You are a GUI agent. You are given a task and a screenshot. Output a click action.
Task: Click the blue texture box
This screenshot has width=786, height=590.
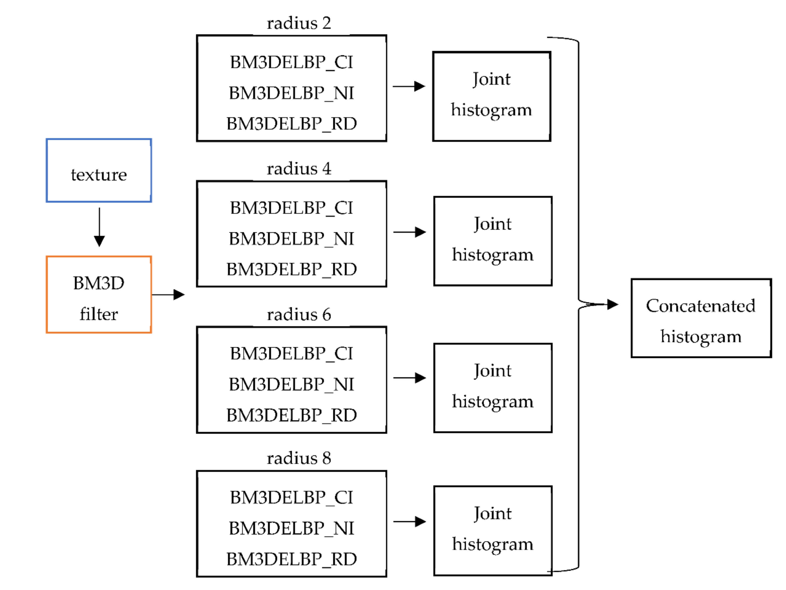point(99,171)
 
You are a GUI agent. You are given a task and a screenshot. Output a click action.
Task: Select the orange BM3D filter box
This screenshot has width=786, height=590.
point(99,295)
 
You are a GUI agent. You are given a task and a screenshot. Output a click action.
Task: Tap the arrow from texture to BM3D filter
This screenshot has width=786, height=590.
point(99,227)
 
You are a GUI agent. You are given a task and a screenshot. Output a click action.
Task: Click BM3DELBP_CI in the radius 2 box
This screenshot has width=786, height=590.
point(291,62)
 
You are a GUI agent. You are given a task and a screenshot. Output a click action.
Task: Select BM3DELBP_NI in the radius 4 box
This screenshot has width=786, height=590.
point(291,239)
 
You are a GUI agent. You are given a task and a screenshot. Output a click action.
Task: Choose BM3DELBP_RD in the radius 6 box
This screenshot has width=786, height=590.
point(291,415)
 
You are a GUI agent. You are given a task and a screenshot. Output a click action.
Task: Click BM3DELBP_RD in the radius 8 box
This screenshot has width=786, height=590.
point(291,559)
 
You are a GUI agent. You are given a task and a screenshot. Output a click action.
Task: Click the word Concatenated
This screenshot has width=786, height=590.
point(700,306)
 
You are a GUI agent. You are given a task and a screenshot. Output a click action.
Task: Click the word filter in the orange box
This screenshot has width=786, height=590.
point(99,314)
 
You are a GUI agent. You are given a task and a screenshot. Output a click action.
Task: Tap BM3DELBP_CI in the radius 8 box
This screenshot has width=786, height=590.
point(291,498)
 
